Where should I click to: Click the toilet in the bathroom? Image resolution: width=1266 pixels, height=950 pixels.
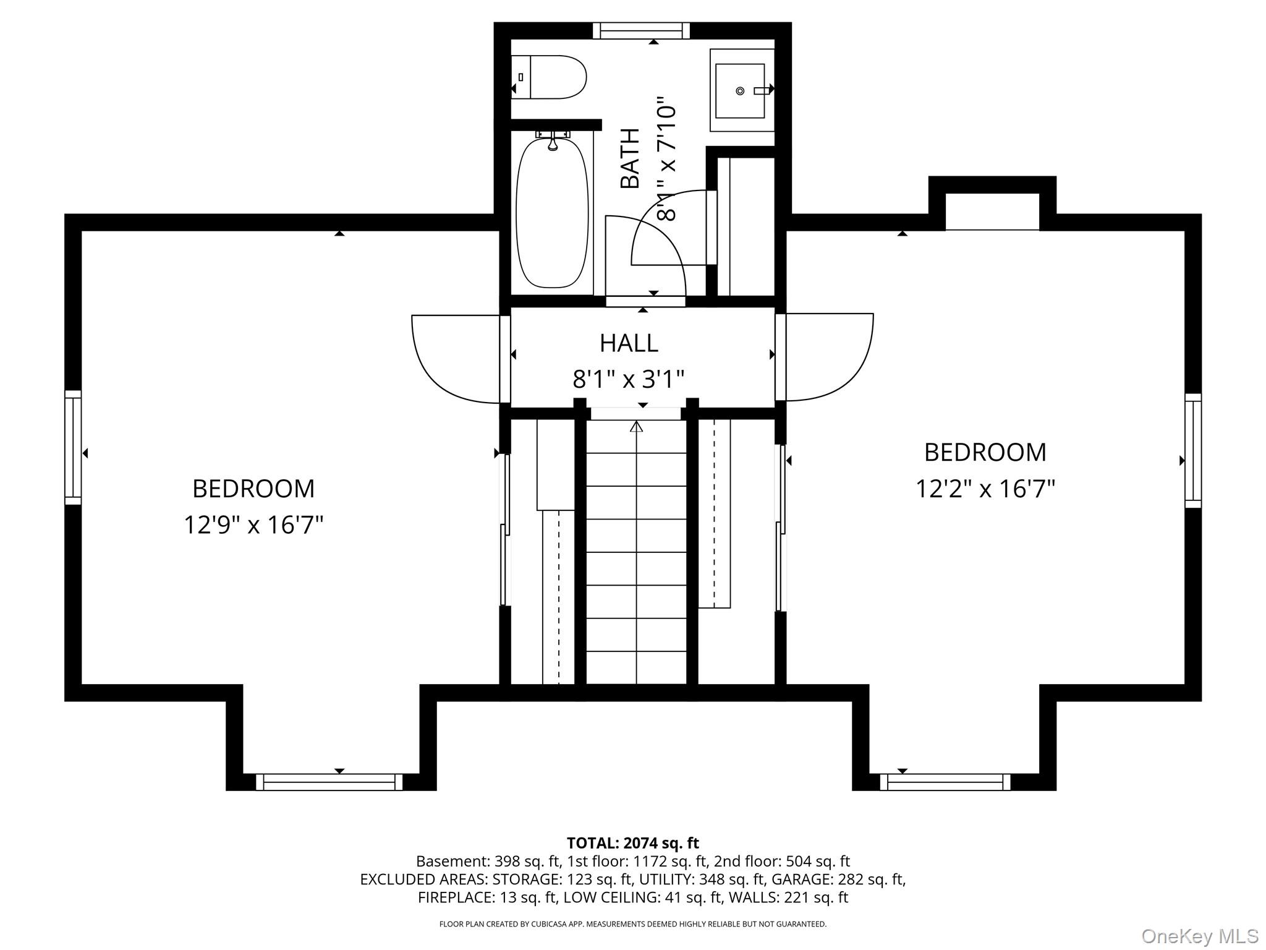point(548,77)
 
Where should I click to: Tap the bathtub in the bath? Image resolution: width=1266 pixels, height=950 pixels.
point(552,212)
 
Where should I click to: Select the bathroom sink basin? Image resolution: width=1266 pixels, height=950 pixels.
point(741,90)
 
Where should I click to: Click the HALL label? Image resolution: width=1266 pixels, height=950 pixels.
point(629,343)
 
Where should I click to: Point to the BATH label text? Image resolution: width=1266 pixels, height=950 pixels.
point(630,158)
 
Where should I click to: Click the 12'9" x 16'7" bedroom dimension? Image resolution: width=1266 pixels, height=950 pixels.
point(253,525)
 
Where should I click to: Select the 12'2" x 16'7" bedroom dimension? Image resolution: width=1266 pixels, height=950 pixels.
point(985,489)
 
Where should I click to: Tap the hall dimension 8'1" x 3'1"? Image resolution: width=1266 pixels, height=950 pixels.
point(629,379)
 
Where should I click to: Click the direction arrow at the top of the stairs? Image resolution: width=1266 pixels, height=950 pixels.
point(637,426)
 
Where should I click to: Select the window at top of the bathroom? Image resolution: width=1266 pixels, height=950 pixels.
point(641,30)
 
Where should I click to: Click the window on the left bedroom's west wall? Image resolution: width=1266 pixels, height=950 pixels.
point(73,447)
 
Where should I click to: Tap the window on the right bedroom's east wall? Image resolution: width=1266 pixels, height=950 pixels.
point(1193,450)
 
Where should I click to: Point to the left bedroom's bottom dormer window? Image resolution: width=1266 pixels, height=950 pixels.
point(329,782)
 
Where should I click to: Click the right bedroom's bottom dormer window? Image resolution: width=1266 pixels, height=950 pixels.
point(945,782)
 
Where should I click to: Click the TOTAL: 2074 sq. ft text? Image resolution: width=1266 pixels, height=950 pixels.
point(633,843)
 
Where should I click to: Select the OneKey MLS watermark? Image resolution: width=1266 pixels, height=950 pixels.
point(1200,936)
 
